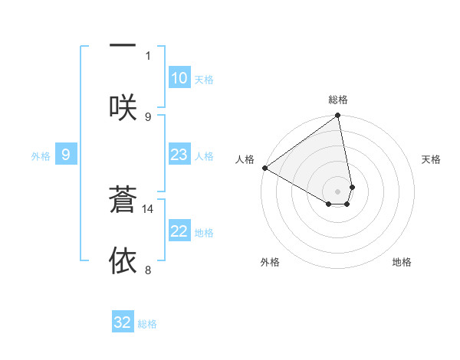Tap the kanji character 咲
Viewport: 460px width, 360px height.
coord(123,107)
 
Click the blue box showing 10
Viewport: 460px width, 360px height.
coord(179,78)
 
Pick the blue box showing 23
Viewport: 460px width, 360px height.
coord(179,155)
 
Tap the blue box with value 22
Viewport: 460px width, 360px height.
coord(179,231)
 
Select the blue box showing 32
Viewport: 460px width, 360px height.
coord(123,322)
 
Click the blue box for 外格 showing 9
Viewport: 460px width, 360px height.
coord(66,155)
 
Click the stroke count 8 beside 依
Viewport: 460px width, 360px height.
coord(148,270)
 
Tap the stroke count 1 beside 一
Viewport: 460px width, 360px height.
coord(148,55)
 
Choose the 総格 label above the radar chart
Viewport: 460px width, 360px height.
coord(338,100)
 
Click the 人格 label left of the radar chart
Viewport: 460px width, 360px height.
coord(245,159)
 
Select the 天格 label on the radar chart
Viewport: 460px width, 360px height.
coord(432,159)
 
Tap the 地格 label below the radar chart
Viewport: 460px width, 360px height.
coord(402,262)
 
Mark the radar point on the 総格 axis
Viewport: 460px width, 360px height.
coord(338,116)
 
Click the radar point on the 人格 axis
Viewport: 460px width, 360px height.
coord(264,168)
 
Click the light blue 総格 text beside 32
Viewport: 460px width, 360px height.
coord(147,323)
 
